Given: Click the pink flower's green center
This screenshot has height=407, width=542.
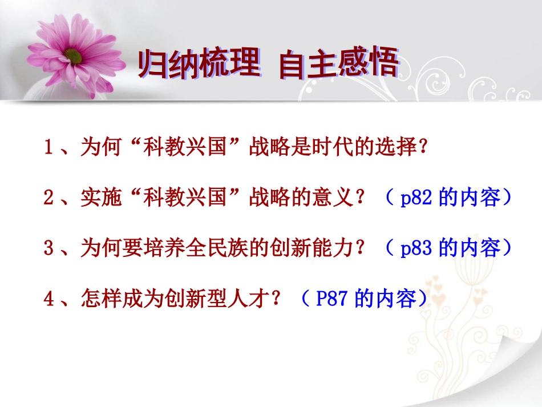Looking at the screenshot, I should pos(73,55).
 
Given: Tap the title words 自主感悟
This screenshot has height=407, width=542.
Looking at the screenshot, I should pos(338,65).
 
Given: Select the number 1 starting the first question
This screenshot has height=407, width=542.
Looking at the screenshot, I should pos(48,148).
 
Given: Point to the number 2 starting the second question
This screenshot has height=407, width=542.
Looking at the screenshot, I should pos(48,198).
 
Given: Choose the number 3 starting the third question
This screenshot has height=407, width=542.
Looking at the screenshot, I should pos(48,248).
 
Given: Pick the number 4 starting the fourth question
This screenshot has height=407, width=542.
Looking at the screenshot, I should pos(48,298).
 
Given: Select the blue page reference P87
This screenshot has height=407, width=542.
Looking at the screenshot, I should pos(331,298).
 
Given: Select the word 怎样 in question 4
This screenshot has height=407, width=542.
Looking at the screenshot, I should pos(98,298).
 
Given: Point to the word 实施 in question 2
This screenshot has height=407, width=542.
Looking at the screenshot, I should pos(98,198).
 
